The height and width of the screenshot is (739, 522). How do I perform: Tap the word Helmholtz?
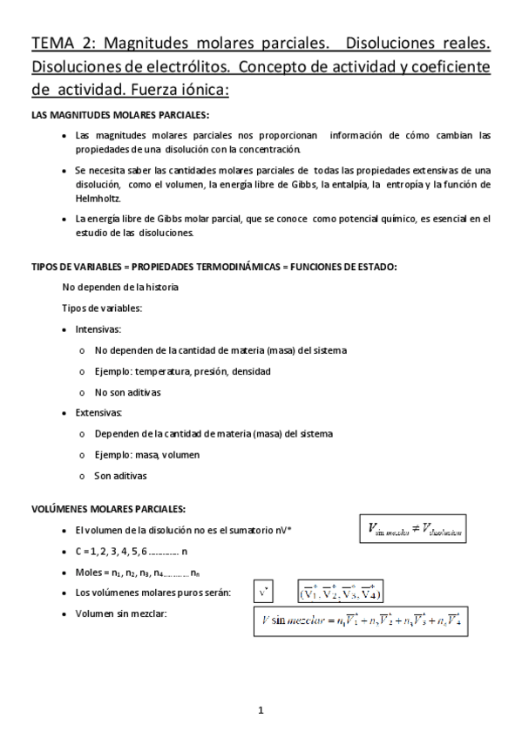coord(99,199)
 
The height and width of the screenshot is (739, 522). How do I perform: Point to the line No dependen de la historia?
coord(121,287)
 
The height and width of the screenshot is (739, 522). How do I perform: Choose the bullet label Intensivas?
coord(98,329)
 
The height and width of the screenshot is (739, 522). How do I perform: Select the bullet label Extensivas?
coord(99,412)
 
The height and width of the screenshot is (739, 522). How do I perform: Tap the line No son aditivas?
coord(127,392)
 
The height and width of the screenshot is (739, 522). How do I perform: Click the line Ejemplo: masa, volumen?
coord(146,455)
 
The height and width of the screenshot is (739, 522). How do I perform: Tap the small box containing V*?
coord(265,593)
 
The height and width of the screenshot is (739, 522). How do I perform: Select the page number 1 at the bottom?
coord(260,711)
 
